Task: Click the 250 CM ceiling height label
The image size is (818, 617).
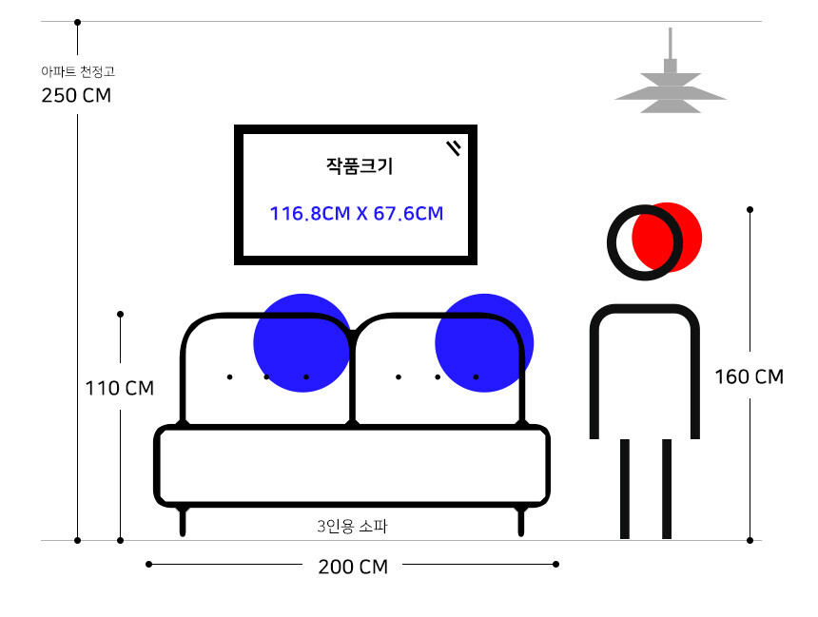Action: [x=76, y=95]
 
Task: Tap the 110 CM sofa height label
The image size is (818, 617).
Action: [x=120, y=388]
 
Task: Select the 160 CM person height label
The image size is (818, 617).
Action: [x=750, y=376]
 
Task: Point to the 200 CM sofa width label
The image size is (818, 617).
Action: [x=353, y=567]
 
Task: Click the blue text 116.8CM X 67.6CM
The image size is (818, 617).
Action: [x=357, y=213]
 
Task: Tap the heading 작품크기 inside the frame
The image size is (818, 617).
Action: [x=360, y=165]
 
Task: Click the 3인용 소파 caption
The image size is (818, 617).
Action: [x=352, y=527]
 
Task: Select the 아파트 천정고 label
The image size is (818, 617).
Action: [x=78, y=71]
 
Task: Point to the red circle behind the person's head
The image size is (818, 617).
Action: [x=667, y=238]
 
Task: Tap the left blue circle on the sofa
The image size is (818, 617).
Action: [x=302, y=342]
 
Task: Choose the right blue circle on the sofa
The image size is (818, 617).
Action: [x=484, y=342]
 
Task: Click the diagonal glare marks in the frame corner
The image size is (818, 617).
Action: [x=454, y=148]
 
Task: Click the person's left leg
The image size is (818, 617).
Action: [x=625, y=489]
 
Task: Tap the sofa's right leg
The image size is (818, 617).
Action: [x=520, y=521]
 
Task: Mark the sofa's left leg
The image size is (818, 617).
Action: [x=183, y=521]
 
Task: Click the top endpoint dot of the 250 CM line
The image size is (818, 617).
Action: [x=77, y=23]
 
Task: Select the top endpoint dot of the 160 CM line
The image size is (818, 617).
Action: [x=750, y=210]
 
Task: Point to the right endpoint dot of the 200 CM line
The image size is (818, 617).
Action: [x=555, y=565]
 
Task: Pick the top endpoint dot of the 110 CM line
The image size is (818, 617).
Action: [x=120, y=314]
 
